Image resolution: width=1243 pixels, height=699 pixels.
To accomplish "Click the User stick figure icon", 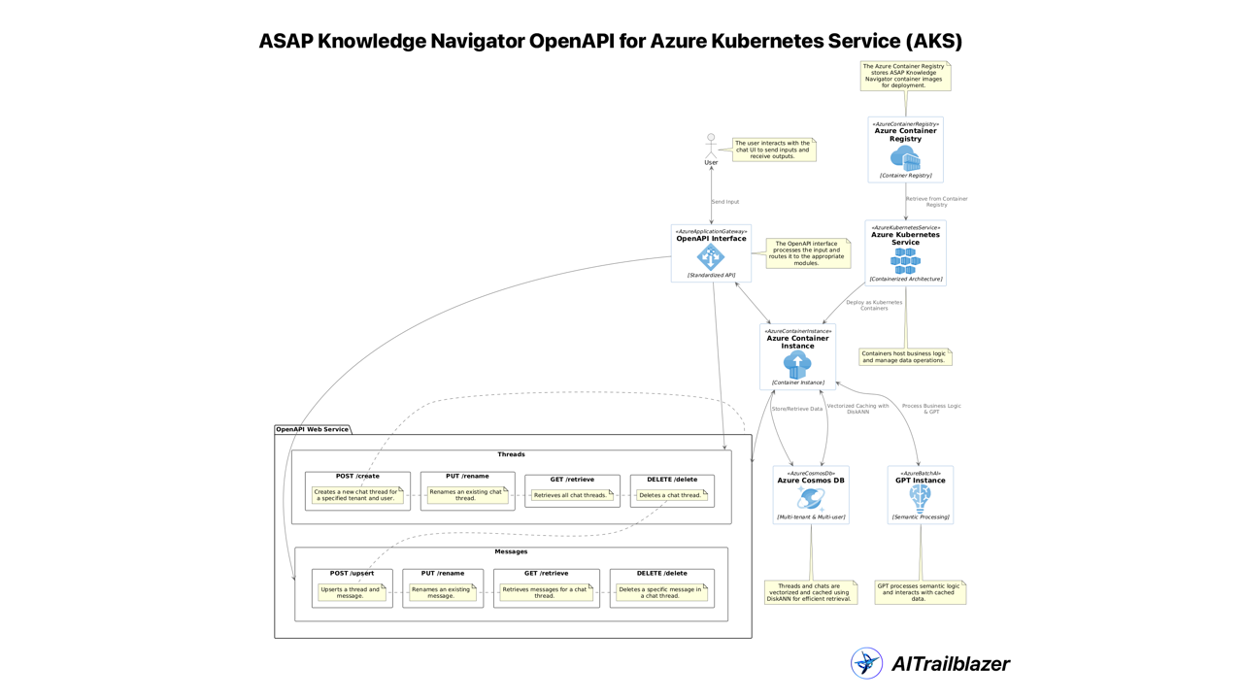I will [711, 147].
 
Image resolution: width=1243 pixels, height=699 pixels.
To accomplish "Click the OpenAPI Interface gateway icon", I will [711, 257].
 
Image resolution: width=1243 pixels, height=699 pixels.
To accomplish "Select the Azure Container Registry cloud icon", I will [905, 157].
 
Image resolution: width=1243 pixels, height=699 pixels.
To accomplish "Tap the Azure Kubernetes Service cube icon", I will [905, 260].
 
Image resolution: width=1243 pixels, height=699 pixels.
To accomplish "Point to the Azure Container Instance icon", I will [797, 365].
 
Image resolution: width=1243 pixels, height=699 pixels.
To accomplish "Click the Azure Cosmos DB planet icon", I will [811, 499].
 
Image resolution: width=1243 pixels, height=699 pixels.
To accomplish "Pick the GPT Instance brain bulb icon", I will [920, 498].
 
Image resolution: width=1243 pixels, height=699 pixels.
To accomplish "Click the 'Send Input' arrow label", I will [725, 202].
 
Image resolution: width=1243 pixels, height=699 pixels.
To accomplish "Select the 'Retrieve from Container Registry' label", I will [936, 202].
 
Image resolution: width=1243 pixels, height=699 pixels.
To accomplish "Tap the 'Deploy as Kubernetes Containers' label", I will [874, 305].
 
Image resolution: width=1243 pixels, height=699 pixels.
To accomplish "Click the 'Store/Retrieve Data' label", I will [796, 409].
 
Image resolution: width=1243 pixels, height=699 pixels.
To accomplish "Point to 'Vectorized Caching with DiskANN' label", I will [857, 409].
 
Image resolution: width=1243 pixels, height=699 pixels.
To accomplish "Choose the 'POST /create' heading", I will [357, 477].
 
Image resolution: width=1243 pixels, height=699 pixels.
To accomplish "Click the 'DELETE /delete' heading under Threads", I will [672, 480].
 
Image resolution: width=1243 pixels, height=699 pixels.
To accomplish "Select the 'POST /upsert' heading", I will [352, 574].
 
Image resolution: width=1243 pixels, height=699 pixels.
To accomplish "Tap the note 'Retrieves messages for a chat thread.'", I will [545, 592].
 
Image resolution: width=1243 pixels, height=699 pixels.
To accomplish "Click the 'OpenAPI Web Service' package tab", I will [312, 429].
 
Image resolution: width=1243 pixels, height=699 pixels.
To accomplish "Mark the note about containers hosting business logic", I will [904, 357].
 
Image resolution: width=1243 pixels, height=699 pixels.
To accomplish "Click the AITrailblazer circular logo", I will [866, 663].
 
